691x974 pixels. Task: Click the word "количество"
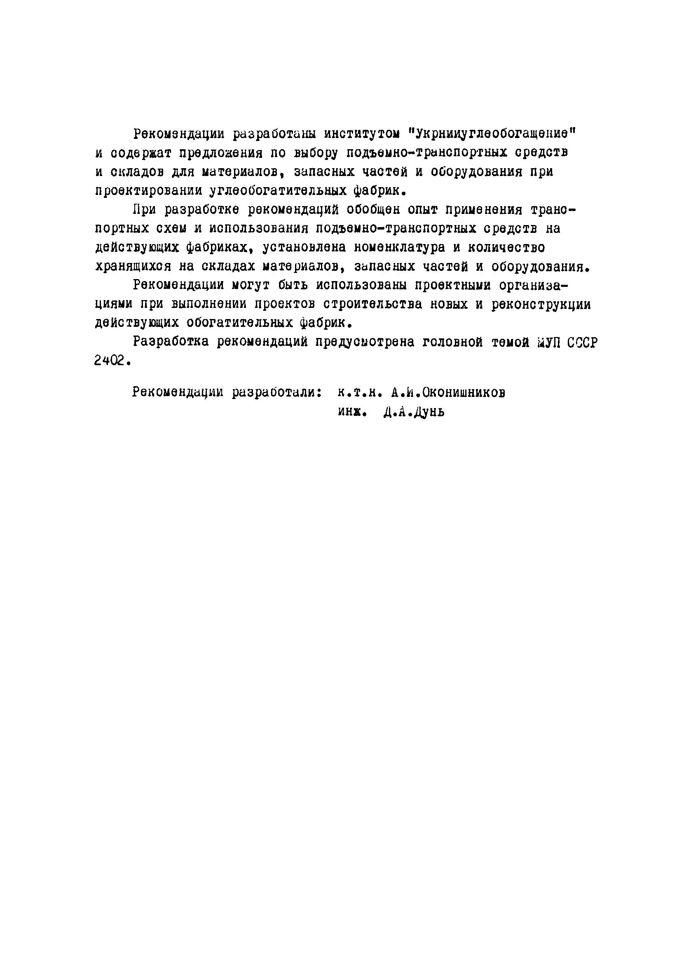click(x=506, y=247)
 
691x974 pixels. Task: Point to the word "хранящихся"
click(x=133, y=267)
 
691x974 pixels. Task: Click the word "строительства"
click(x=372, y=305)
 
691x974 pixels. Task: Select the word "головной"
click(x=452, y=343)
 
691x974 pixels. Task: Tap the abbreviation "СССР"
click(x=582, y=343)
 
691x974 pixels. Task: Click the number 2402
click(x=110, y=361)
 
